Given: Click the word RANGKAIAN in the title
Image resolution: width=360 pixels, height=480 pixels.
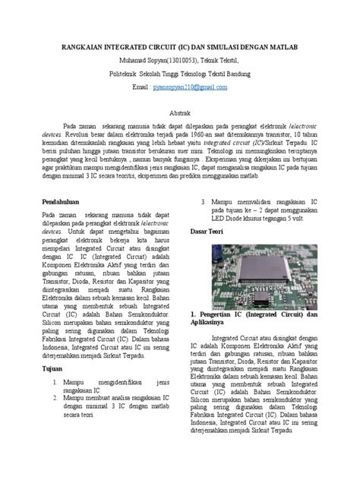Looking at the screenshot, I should (x=84, y=47).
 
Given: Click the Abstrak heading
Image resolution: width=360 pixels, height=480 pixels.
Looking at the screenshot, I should (x=179, y=112).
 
